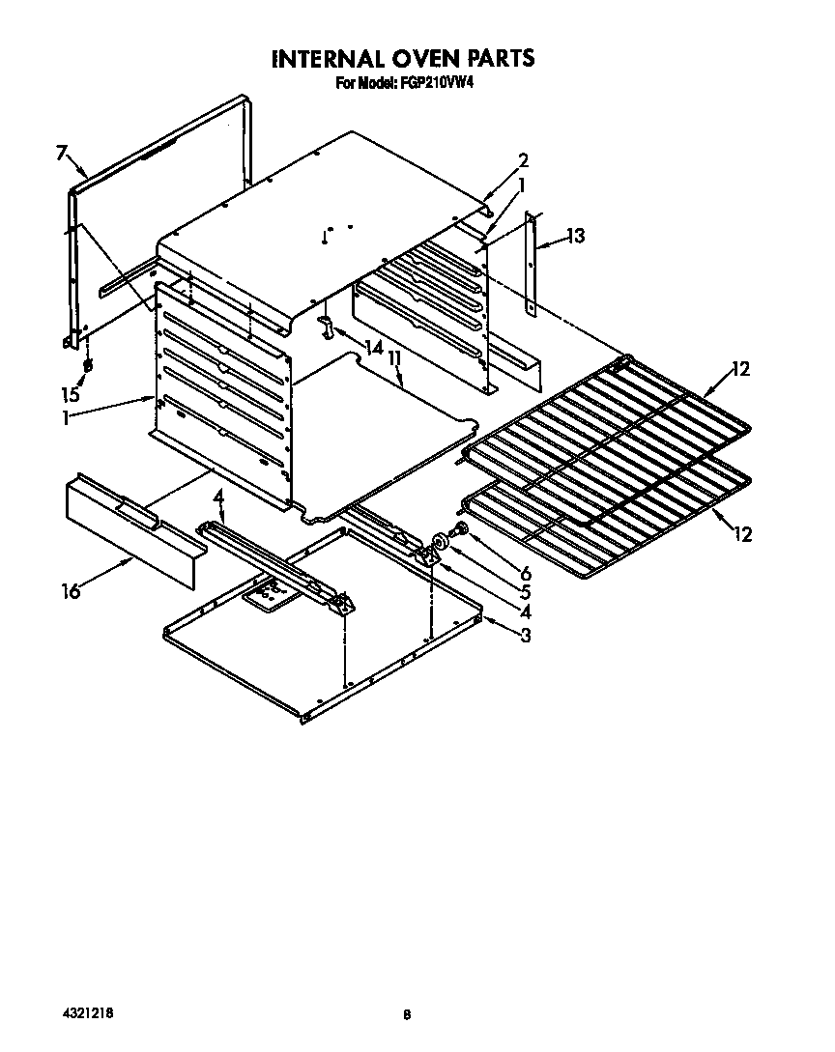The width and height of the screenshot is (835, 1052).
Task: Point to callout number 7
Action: [x=61, y=153]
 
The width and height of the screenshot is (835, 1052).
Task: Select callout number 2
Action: [x=523, y=160]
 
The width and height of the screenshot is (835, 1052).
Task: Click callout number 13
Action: [x=576, y=236]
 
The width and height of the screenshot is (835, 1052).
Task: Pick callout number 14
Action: [x=373, y=345]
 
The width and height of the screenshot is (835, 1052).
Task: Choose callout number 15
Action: [x=70, y=395]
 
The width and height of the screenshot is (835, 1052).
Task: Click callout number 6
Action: [x=524, y=573]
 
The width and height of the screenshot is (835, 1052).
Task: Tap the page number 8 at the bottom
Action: [x=407, y=1014]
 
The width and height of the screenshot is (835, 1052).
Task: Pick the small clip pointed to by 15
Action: [x=87, y=367]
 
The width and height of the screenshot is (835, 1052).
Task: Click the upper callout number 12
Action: [x=740, y=369]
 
